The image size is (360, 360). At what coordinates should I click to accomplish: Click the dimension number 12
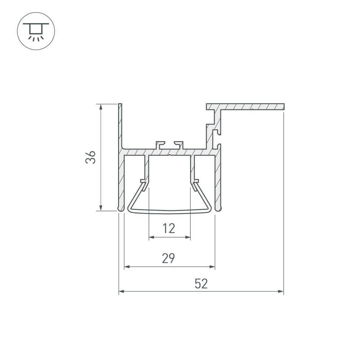[x=168, y=228]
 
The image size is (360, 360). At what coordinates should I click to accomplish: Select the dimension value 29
[x=168, y=258]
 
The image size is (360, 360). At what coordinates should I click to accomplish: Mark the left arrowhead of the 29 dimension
[x=127, y=267]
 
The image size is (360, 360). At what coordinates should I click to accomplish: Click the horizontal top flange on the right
[x=252, y=107]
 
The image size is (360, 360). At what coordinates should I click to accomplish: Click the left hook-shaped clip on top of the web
[x=159, y=145]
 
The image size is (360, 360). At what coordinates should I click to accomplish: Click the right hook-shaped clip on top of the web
[x=179, y=145]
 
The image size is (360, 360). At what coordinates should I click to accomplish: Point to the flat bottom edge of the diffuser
[x=169, y=212]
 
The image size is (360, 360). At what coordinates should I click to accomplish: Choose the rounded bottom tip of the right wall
[x=218, y=209]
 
